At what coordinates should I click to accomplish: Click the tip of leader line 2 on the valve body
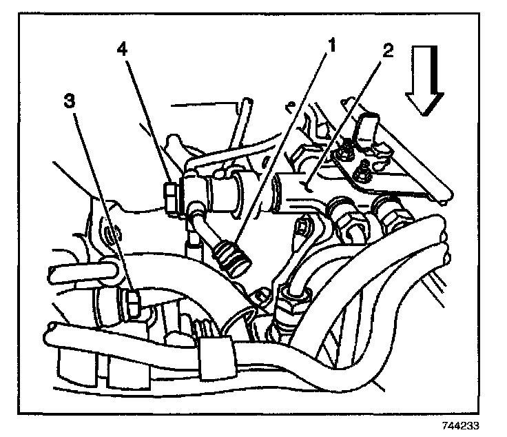[x=308, y=187]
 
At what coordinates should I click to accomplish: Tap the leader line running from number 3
[x=99, y=200]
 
